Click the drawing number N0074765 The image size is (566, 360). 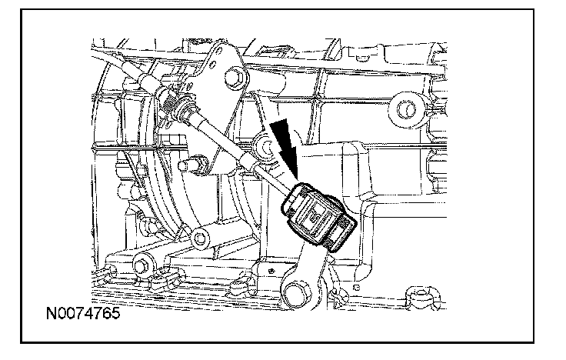click(82, 315)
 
